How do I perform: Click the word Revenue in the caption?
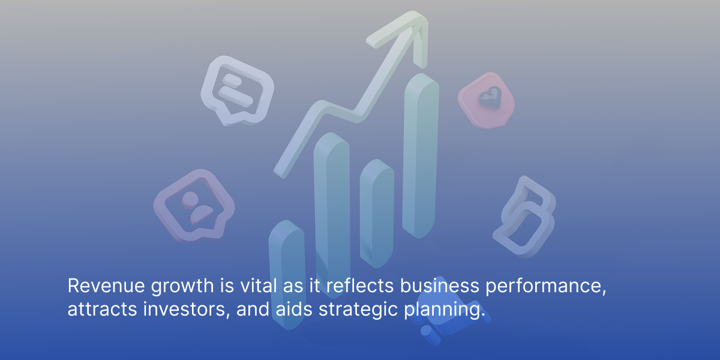[x=106, y=286]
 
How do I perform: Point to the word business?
[x=439, y=285]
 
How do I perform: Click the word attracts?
[x=102, y=309]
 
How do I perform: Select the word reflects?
[x=360, y=285]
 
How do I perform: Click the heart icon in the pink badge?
[x=490, y=97]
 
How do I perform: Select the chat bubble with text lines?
[x=237, y=91]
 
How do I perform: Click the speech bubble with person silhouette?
[x=194, y=206]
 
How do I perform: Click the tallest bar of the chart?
[x=421, y=156]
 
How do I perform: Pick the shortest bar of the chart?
[x=287, y=275]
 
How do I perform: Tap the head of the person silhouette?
[x=190, y=199]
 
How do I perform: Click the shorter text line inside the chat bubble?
[x=232, y=80]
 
